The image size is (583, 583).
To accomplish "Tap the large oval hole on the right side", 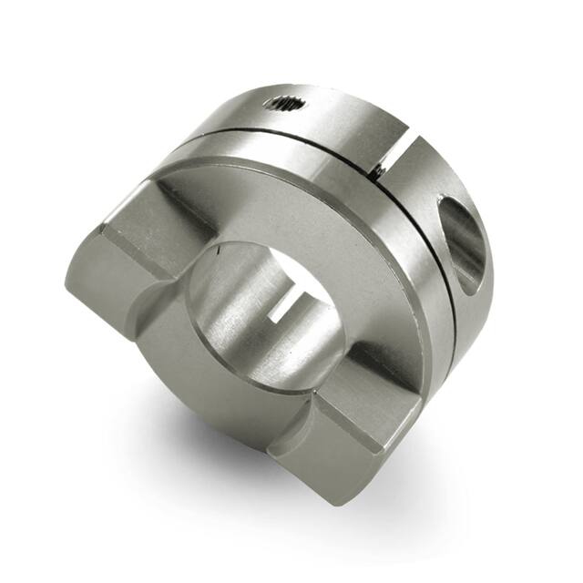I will click(x=464, y=242).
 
